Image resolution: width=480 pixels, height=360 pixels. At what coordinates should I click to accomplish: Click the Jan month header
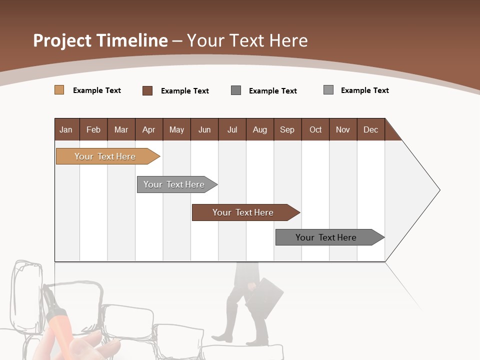pos(66,129)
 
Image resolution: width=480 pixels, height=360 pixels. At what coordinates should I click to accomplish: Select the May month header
pos(176,129)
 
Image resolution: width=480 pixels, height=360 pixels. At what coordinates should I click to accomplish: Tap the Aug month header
pos(259,129)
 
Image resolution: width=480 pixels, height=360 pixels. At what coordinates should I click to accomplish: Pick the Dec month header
pos(370,129)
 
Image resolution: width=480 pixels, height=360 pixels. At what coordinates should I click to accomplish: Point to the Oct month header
pos(315,129)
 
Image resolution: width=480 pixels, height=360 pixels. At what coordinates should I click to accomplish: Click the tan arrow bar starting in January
pos(105,156)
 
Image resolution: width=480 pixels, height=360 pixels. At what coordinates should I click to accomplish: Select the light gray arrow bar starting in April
pos(174,184)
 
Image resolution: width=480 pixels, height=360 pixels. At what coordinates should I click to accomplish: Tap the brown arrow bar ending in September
pos(243,212)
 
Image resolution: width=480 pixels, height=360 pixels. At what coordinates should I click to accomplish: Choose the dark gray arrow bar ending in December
pos(326,237)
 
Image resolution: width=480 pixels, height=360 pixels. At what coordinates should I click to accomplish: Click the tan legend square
pos(59,90)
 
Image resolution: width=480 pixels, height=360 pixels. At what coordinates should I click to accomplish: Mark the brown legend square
pos(147,90)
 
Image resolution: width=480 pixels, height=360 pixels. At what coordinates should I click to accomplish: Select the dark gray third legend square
pos(236,90)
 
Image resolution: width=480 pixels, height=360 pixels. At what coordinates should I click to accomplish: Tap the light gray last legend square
pos(328,90)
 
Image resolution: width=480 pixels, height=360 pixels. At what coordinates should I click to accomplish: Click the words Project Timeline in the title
pos(100,40)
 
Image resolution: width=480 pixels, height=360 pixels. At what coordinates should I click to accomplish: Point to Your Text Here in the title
pos(247,40)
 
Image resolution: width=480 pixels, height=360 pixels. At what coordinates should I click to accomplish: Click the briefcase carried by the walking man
pos(264,297)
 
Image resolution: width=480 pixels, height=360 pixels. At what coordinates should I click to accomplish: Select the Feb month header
pos(93,129)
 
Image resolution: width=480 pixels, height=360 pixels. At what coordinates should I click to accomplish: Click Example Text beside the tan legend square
pos(97,90)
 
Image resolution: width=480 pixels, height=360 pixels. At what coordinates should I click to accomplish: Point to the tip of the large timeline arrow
pos(439,190)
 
